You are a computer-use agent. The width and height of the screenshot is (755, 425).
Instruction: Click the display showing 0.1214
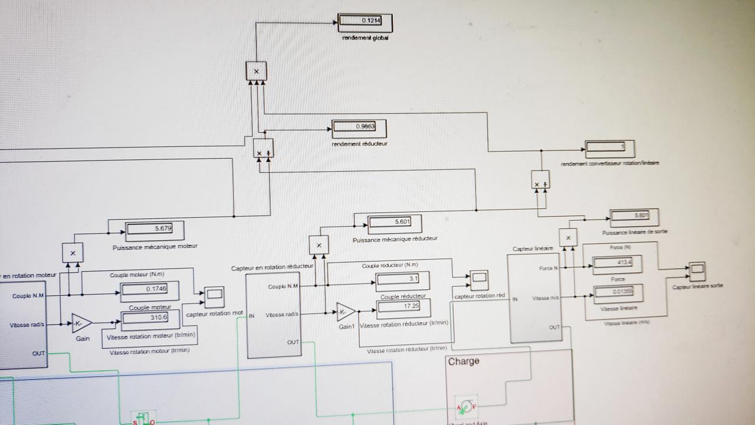(365, 22)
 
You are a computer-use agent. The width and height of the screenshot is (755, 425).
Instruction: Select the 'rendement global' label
(365, 38)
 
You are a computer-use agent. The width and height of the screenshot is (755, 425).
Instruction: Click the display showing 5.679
(155, 229)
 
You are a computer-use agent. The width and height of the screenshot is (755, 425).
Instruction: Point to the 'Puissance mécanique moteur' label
(155, 247)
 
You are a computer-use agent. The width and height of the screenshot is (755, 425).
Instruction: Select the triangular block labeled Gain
(81, 323)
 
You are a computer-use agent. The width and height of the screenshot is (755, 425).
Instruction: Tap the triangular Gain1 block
(345, 312)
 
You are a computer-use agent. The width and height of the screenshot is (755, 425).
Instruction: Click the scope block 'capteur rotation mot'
(213, 294)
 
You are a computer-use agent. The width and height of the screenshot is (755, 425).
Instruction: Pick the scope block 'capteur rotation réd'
(479, 277)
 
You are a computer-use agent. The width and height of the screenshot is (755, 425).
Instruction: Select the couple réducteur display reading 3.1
(403, 279)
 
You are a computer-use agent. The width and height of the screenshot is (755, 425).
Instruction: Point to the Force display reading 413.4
(616, 261)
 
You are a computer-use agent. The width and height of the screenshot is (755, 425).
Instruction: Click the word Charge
(464, 361)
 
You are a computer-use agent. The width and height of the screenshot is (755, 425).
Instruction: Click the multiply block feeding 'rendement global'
(256, 71)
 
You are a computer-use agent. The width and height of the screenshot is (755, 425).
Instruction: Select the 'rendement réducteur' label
(360, 143)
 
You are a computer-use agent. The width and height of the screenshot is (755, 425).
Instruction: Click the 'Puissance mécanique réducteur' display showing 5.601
(395, 223)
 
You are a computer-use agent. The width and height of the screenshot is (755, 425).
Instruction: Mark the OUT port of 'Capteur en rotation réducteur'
(293, 342)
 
